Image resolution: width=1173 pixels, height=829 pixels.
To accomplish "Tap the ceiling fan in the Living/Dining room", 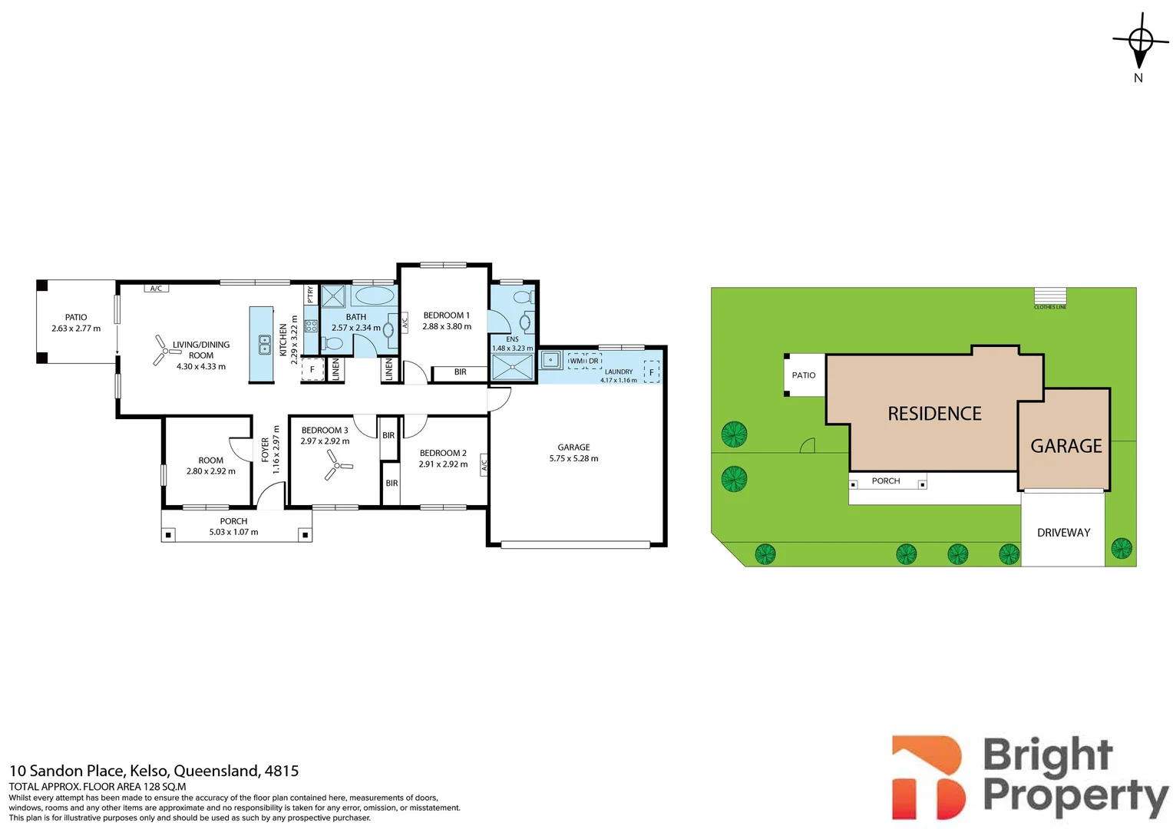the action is coord(167,350).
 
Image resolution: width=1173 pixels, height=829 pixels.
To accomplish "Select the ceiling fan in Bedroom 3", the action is coord(338,465).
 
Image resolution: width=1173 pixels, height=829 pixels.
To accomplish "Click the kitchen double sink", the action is coord(265,345).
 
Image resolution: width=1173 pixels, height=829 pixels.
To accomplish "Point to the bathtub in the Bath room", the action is coord(375,296).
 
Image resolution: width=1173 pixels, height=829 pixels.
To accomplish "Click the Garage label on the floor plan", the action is coord(573,448).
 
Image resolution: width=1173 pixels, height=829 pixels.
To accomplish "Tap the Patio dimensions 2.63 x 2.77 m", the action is coord(76,329).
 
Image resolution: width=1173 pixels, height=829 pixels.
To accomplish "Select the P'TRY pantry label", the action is coord(311,294).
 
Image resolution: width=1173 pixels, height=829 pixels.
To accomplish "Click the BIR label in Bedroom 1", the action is coord(461,372).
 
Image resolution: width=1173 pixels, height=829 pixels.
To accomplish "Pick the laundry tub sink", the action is coord(550,360).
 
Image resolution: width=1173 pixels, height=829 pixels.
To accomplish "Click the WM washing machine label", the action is coord(576,361).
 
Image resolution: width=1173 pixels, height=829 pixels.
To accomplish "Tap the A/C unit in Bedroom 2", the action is coord(484,464).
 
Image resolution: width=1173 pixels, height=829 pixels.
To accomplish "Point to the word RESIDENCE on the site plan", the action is coord(934,414).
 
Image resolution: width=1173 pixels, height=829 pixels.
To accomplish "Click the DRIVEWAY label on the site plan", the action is coord(1063,533).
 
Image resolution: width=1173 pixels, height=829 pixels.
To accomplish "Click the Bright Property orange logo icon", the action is coord(928,777).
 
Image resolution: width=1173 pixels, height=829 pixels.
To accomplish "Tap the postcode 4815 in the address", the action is coord(282,771).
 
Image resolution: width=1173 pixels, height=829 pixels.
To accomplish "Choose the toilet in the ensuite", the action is coord(524,298).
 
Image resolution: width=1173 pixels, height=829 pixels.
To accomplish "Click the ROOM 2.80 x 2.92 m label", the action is coord(210,466).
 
